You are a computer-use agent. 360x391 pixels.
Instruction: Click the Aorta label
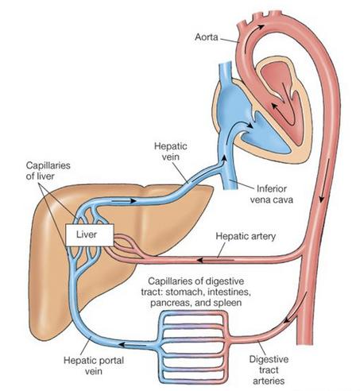point(207,37)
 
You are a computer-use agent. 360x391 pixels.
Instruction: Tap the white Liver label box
point(90,234)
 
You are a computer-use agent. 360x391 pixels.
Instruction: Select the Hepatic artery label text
point(246,236)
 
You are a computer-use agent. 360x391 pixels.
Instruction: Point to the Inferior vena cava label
point(272,194)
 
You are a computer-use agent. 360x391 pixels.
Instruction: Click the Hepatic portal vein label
point(94,366)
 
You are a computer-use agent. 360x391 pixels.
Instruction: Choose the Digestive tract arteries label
point(269,370)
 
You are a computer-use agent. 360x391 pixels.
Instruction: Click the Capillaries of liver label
point(48,171)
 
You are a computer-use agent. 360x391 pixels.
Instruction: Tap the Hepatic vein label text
point(171,151)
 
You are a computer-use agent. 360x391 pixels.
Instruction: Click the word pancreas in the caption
point(171,303)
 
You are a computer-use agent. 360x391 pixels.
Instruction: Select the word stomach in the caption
point(184,292)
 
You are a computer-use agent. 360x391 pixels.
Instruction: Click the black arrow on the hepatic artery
point(215,260)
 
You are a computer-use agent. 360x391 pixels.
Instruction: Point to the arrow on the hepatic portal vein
point(132,345)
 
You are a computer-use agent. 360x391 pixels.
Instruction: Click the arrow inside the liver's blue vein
point(124,201)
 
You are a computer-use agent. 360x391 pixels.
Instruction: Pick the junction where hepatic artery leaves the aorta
point(304,254)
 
